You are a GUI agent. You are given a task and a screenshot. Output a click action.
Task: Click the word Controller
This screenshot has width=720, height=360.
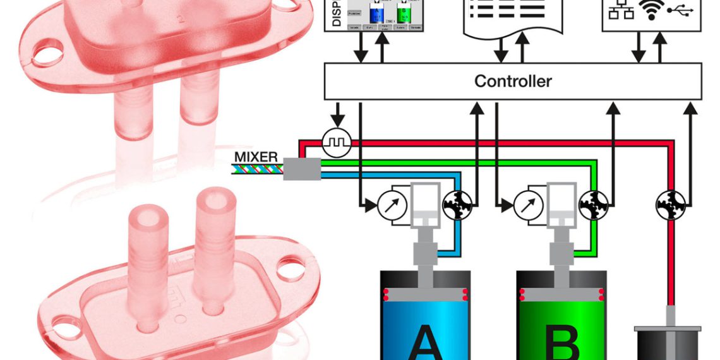(513, 81)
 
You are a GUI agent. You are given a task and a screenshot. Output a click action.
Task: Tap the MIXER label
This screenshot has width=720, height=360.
(256, 155)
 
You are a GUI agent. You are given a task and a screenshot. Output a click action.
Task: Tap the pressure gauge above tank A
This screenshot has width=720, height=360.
(390, 205)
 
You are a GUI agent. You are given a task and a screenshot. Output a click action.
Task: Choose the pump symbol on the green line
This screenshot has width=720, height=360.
(593, 205)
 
